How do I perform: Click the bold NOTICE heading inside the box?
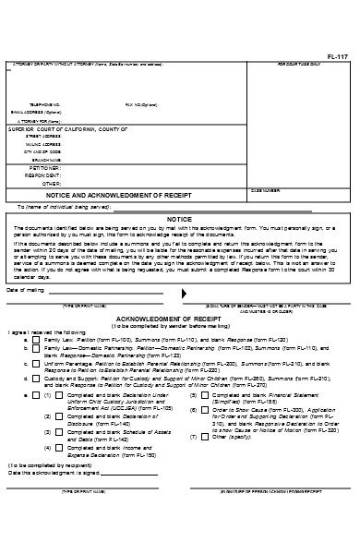[178, 219]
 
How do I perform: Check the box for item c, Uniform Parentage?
[40, 365]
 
